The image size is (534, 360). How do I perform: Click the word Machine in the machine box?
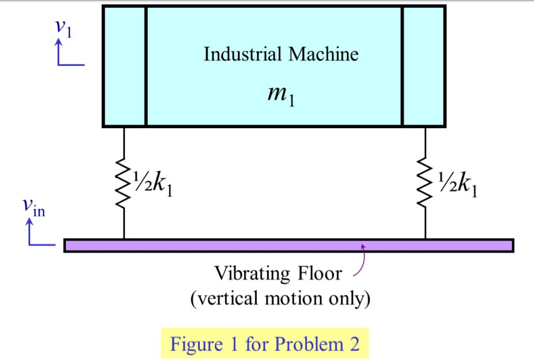tap(324, 54)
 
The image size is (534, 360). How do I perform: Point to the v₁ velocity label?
tap(64, 29)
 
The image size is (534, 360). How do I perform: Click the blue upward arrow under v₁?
tap(59, 52)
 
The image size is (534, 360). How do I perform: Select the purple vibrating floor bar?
tap(289, 245)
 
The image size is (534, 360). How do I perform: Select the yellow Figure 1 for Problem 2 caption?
tap(265, 344)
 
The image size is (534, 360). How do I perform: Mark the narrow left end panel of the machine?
tap(125, 66)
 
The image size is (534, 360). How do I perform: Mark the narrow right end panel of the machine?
tap(423, 66)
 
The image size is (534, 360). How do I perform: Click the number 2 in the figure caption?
tap(354, 344)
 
